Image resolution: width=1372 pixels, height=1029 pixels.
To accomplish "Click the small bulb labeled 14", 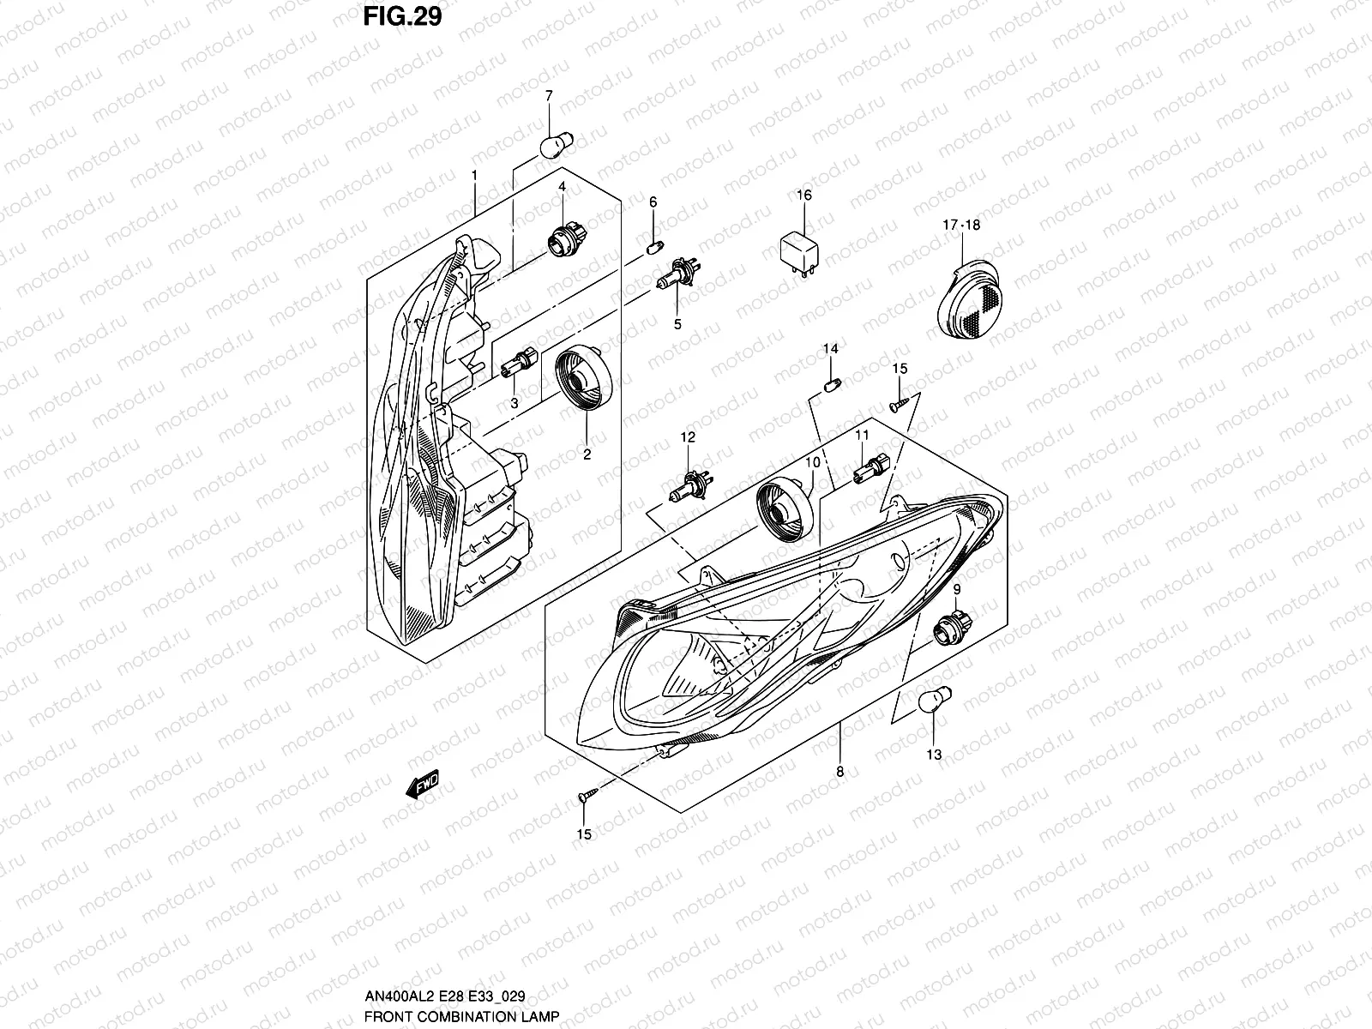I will [831, 385].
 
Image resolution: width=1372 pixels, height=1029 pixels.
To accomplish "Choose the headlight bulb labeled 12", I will [688, 490].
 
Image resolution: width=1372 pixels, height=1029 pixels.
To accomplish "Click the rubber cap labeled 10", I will [781, 509].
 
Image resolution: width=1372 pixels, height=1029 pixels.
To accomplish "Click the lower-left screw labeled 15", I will [585, 798].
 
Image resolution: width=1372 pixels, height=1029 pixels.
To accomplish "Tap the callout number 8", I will [839, 772].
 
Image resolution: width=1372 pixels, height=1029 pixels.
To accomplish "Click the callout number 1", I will [473, 175].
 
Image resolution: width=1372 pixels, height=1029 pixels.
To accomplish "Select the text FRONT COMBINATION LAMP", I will [461, 1016].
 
